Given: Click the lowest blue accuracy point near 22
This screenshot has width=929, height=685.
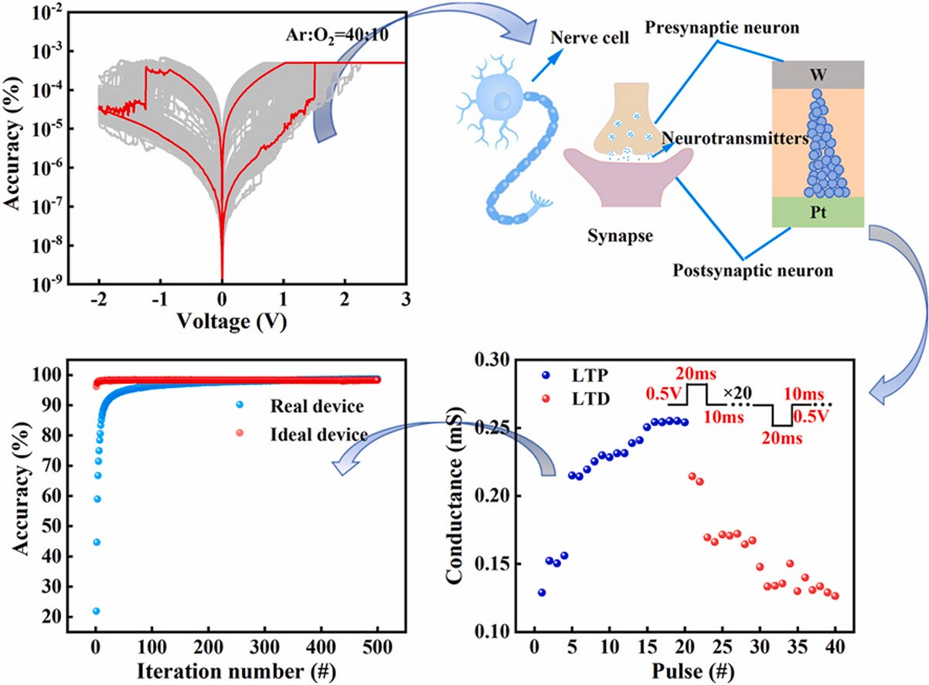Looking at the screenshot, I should click(x=96, y=611).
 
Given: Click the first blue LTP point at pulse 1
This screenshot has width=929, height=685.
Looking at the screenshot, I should click(x=542, y=592).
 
